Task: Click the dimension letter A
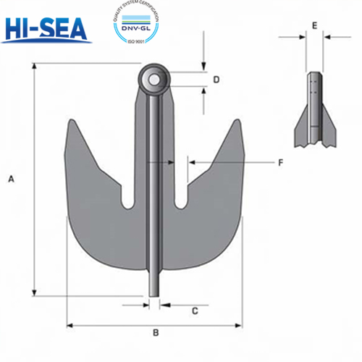coord(10,180)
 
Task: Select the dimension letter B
coord(155,333)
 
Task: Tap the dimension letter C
coord(195,311)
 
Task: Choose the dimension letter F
coord(280,163)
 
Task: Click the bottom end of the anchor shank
coord(154,291)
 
